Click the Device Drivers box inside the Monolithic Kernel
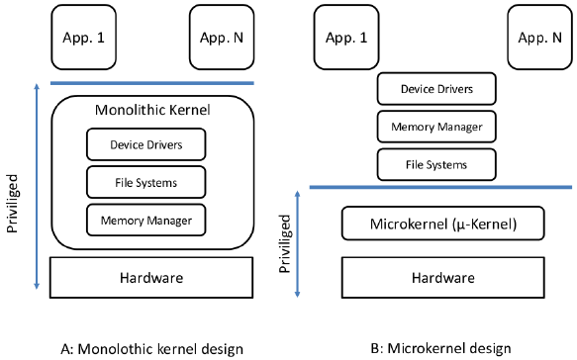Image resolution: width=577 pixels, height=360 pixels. coord(145,145)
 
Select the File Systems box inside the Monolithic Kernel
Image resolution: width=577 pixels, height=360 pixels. coord(145,181)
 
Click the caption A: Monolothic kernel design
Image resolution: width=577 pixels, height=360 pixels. coord(151,347)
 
